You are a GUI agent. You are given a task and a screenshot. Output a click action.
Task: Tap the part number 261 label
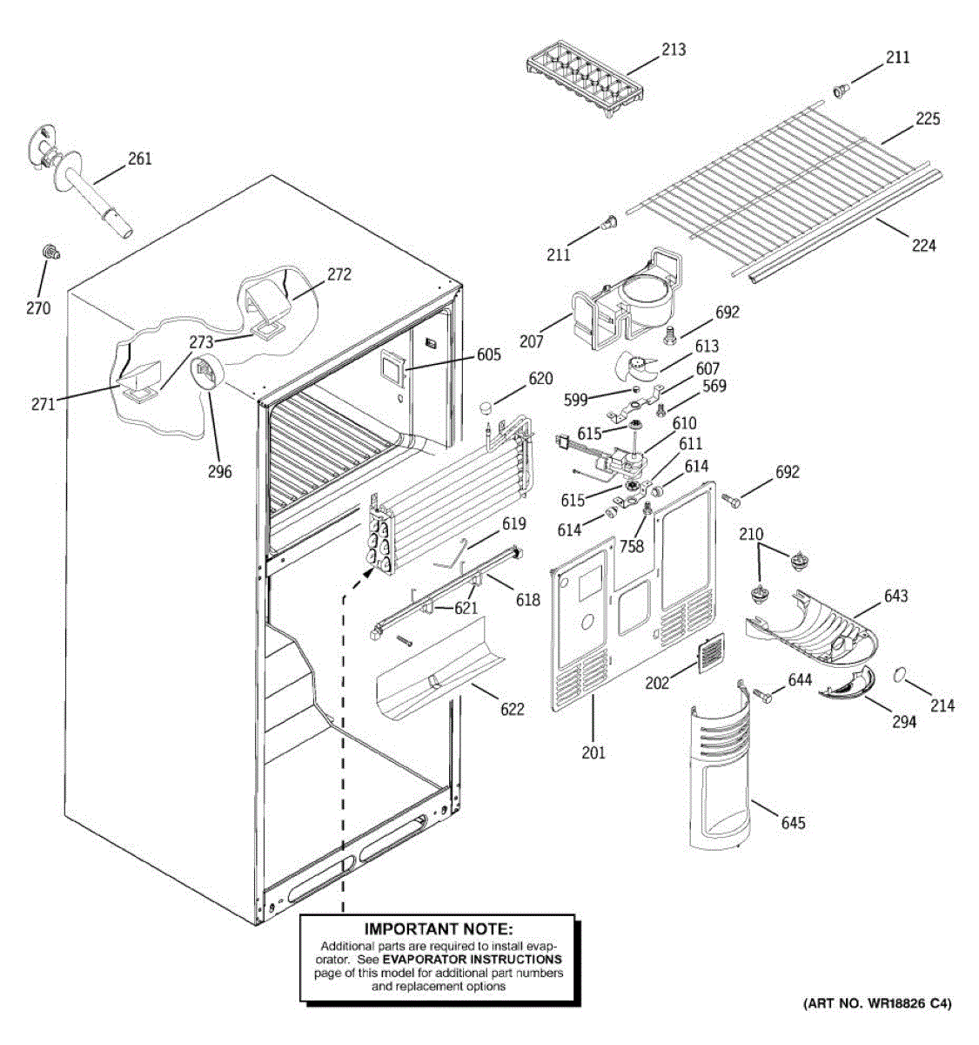coord(139,158)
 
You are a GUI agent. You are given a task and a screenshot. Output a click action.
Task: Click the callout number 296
coord(219,471)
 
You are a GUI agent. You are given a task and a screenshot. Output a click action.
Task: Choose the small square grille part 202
coord(710,653)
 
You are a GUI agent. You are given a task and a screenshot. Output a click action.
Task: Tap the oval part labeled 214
coord(903,675)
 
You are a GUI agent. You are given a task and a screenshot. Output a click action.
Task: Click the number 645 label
coord(793,823)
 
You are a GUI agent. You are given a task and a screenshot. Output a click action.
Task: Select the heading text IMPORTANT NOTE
coord(438,931)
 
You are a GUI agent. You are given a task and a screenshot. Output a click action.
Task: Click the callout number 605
coord(488,354)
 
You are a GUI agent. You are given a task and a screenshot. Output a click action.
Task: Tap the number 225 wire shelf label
coord(928,118)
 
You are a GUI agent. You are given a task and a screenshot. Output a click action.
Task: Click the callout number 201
coord(593,752)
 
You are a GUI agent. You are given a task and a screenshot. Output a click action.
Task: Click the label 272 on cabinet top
coord(339,274)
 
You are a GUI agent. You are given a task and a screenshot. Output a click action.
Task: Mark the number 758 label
coord(632,546)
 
